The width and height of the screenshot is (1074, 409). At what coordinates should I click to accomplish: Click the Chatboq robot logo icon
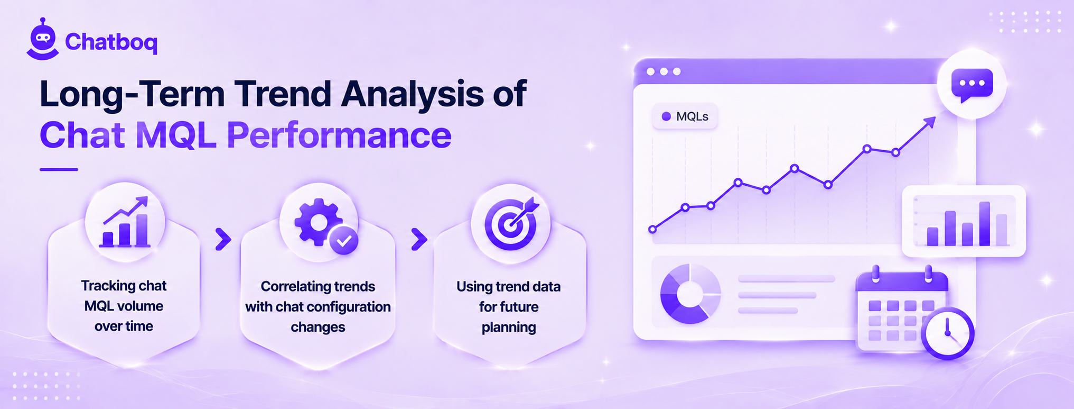pos(43,40)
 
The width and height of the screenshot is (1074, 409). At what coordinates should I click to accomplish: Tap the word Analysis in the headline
pos(413,94)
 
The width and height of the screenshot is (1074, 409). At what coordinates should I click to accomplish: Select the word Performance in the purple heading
pos(339,135)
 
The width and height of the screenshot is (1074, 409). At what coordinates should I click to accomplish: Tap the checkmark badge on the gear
pos(344,241)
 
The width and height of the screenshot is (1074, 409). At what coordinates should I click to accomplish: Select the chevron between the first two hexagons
pos(223,239)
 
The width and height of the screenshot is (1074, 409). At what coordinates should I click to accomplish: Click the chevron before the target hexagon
pos(419,239)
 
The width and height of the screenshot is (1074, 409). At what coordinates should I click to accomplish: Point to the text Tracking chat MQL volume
pos(124,296)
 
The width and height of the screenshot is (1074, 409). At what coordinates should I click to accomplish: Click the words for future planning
pos(509,317)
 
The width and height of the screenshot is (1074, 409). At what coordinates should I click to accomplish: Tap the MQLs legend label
pos(692,116)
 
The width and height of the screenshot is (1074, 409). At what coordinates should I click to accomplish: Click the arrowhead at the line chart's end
pos(930,123)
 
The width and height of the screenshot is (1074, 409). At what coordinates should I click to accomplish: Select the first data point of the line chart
pos(652,229)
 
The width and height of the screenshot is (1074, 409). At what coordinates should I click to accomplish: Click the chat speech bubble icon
pos(972,85)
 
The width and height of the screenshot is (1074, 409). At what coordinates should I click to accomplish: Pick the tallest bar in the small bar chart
pos(984,224)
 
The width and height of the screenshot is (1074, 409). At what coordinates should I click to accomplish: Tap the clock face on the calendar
pos(948,333)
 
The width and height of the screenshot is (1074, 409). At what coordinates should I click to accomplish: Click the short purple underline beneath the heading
pos(59,169)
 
